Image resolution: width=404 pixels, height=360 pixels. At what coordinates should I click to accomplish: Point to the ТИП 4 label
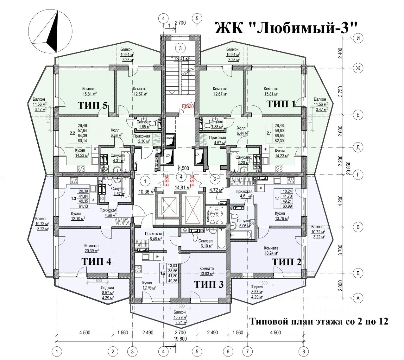[x=96, y=262]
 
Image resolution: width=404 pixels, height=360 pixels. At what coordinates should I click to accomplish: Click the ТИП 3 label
[x=209, y=284]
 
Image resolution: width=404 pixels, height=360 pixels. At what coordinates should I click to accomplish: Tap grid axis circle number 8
[x=304, y=351]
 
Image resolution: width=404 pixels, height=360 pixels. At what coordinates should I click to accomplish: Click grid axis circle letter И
[x=358, y=38]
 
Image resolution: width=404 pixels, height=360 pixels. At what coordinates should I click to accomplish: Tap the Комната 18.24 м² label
[x=271, y=250]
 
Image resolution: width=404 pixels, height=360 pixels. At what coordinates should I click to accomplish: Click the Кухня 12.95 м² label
[x=147, y=286]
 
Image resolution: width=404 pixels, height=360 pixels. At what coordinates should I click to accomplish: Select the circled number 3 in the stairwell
[x=180, y=48]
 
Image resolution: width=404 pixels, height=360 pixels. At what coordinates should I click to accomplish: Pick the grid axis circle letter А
[x=358, y=298]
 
